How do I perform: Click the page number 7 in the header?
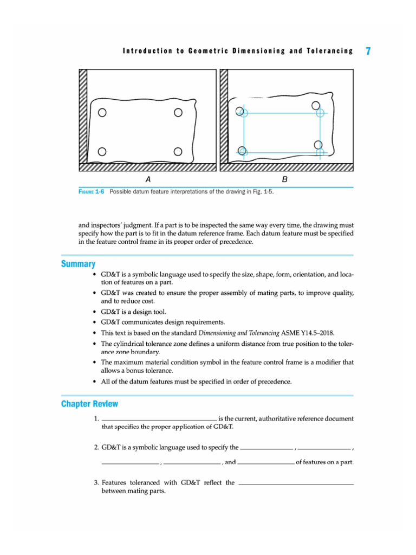tap(368, 51)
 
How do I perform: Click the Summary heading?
tap(78, 264)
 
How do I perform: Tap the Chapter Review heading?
tap(89, 404)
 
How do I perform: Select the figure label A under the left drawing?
tap(147, 179)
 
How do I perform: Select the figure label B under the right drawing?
tap(285, 179)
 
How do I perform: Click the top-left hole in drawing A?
tap(102, 113)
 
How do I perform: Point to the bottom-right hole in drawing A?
tap(178, 151)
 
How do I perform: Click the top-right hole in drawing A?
tap(178, 113)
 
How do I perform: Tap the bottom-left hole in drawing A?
tap(102, 151)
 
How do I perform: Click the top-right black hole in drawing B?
tap(316, 106)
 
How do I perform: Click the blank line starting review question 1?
tap(159, 420)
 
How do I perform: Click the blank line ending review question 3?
tap(296, 483)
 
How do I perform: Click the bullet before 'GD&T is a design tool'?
tap(95, 312)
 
